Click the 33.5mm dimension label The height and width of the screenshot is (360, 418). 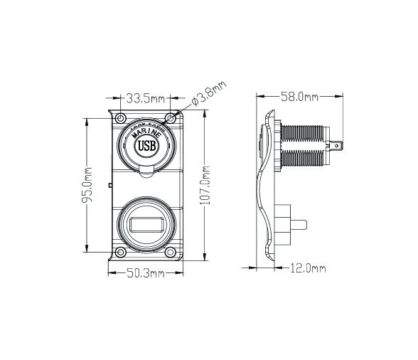tap(145, 97)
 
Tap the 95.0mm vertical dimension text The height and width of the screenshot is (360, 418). tap(87, 184)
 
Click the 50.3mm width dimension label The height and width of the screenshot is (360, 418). tap(145, 273)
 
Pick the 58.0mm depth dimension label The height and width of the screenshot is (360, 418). tap(299, 96)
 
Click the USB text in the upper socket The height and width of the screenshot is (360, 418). tap(145, 147)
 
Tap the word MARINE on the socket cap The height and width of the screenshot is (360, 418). tap(145, 133)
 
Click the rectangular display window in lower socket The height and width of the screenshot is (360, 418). tap(145, 226)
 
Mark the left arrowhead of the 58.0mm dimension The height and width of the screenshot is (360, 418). tap(258, 96)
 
